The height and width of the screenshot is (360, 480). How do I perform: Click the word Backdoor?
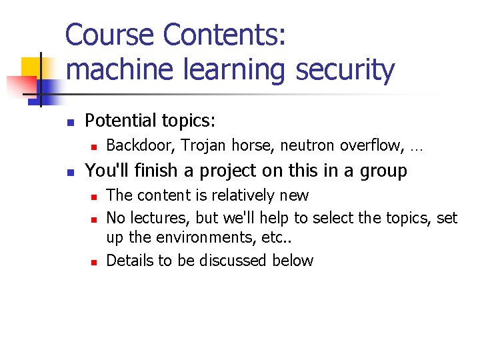(x=140, y=145)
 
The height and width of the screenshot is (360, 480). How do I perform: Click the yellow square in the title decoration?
(x=32, y=67)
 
